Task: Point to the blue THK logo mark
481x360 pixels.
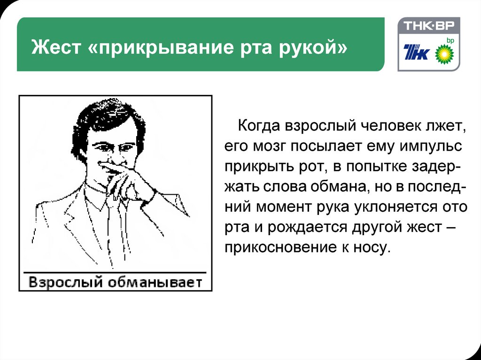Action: click(x=416, y=52)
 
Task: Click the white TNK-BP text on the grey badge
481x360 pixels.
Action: click(x=428, y=25)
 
